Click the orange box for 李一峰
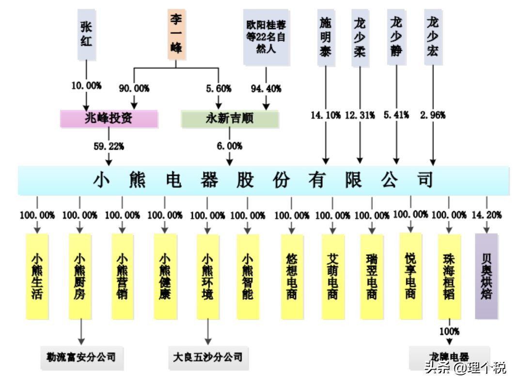177,34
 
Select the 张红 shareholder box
86,34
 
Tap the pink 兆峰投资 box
109,119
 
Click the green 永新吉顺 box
230,119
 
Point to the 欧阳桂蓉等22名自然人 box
266,37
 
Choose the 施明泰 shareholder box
326,37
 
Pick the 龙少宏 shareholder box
432,37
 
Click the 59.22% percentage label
109,146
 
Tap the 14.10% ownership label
326,115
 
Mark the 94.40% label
266,89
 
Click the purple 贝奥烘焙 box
486,276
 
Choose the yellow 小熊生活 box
37,276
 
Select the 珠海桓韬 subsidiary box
449,276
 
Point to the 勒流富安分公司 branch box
81,357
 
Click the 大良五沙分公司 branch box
208,357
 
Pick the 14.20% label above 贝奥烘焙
487,215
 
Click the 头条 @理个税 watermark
465,368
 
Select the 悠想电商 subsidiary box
292,276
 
